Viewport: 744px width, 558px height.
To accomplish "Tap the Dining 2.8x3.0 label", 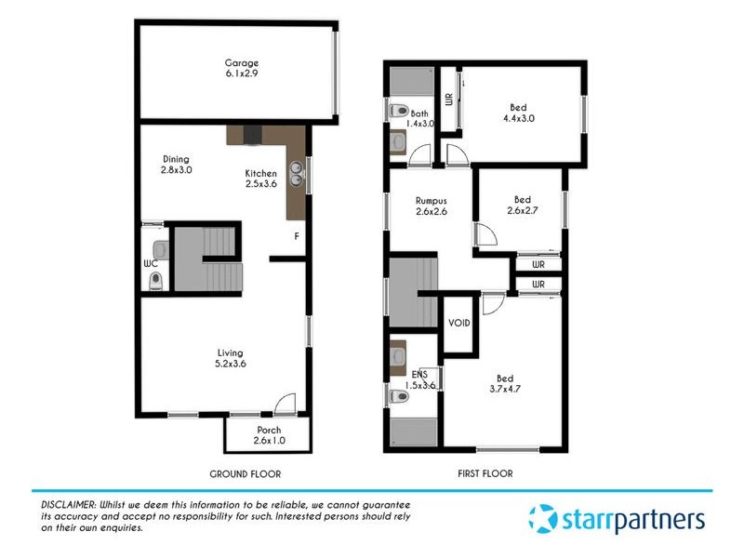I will (x=177, y=165).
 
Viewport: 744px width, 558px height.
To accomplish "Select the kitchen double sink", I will (x=297, y=169).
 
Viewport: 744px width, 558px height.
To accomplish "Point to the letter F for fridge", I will (x=296, y=236).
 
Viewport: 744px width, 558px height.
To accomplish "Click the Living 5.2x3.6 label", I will (x=230, y=358).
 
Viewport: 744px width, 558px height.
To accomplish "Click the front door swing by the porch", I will (x=285, y=404).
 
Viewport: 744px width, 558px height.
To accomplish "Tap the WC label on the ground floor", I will (x=150, y=264).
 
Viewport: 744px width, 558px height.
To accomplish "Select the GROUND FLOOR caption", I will (x=246, y=473).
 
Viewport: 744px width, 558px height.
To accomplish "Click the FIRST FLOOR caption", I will (x=485, y=473).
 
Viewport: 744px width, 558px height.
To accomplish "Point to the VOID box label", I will (x=459, y=323).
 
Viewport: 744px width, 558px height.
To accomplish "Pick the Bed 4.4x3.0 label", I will (x=519, y=113).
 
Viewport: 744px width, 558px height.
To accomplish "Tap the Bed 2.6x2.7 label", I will (x=523, y=205).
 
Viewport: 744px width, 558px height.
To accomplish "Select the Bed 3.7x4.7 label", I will (x=505, y=383).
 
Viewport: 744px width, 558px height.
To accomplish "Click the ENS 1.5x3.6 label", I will (x=418, y=379).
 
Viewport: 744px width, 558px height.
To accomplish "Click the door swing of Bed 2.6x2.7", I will (x=486, y=236).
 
